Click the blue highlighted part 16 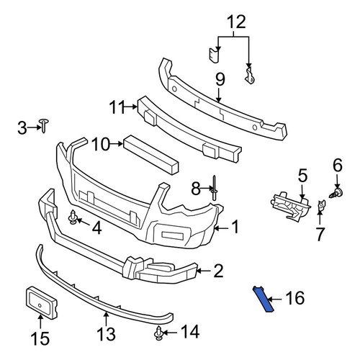(x=263, y=300)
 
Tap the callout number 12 (x=236, y=22)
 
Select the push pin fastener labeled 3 (x=44, y=125)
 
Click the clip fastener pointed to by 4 (x=73, y=217)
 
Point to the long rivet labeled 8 (x=214, y=188)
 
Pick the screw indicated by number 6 (x=336, y=193)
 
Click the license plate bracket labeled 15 (x=40, y=303)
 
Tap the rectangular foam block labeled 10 (x=151, y=156)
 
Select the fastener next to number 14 (x=158, y=333)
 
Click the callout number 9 (x=220, y=80)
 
